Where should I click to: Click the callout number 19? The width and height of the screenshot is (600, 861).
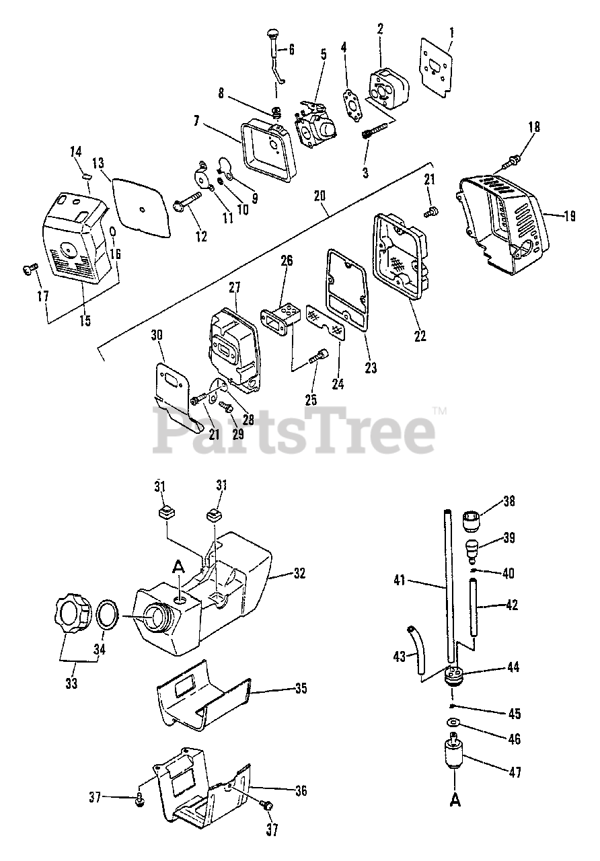point(570,217)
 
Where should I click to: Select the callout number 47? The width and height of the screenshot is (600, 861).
point(515,773)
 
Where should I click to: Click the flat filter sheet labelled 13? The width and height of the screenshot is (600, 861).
point(141,202)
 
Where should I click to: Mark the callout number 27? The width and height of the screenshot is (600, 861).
point(233,289)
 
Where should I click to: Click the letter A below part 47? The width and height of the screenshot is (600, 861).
point(456,801)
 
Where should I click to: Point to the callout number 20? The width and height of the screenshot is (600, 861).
point(319,196)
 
